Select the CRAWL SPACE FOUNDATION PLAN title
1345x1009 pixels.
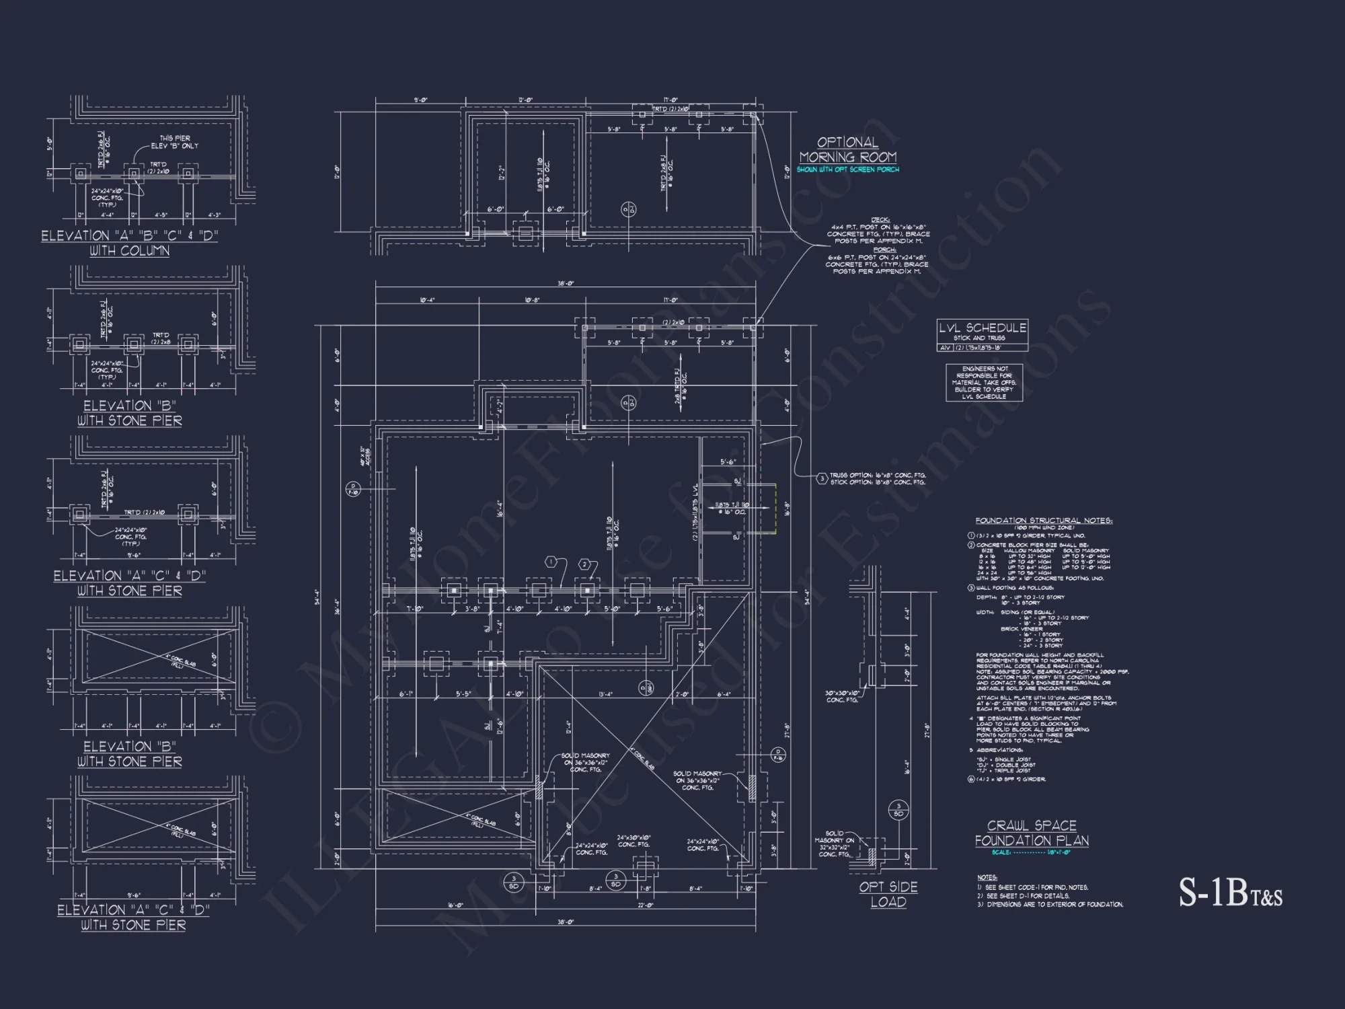coord(1032,833)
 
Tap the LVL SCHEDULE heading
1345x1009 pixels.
coord(983,328)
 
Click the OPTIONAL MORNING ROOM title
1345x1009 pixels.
coord(848,149)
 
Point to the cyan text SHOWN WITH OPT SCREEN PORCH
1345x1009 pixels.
coord(847,170)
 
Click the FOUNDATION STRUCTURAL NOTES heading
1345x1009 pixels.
coord(1044,521)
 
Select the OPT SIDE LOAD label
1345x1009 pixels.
coord(888,895)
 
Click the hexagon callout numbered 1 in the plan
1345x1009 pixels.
coord(551,562)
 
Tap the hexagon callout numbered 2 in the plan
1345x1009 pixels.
coord(585,564)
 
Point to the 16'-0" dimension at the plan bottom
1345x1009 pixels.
coord(455,905)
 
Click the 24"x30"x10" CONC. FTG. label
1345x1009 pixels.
coord(634,841)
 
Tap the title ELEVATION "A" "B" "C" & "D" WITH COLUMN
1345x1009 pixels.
coord(130,243)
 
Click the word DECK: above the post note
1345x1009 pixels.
coord(880,220)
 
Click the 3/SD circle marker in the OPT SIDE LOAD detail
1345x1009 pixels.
coord(898,809)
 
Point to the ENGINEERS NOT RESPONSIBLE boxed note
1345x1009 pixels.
coord(984,383)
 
